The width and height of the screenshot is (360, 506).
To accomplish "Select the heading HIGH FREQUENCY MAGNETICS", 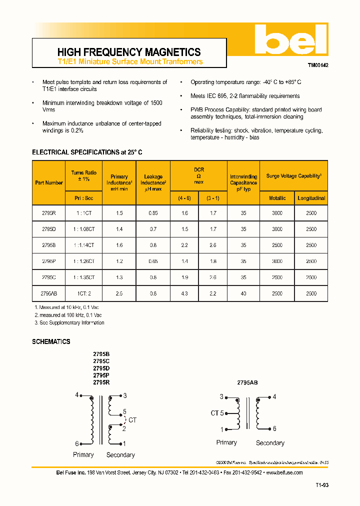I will [129, 52].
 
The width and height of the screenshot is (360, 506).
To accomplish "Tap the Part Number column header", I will [49, 182].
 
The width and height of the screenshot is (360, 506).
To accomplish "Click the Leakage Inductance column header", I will [153, 183].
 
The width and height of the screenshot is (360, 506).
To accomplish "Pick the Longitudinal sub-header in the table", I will [311, 198].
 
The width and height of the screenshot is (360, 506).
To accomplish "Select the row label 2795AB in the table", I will [49, 293].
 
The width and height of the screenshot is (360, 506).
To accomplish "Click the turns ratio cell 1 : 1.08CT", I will [84, 229].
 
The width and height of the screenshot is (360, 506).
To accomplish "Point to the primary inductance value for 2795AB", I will [119, 293].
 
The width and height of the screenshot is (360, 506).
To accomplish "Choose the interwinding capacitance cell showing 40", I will [243, 293].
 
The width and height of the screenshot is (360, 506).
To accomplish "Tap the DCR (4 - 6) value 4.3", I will [184, 293].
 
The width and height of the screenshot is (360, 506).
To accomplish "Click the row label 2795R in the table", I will [49, 213].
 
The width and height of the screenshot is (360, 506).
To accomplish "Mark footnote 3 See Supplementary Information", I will [69, 323].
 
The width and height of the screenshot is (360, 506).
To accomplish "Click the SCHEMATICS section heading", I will [51, 341].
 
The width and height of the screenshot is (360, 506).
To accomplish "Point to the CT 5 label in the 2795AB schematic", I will [216, 413].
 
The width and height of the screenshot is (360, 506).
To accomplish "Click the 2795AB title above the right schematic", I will [247, 382].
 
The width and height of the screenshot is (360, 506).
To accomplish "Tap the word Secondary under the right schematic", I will [270, 443].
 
